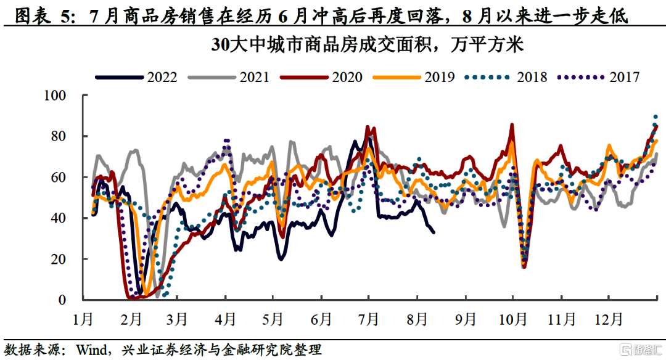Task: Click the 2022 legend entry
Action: pos(137,77)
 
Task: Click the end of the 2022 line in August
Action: pos(434,232)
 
